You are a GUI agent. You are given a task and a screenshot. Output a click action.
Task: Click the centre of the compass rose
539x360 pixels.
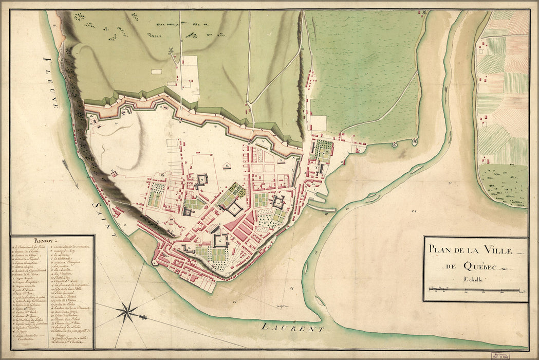127,311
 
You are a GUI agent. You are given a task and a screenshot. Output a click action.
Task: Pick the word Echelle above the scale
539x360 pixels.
475,279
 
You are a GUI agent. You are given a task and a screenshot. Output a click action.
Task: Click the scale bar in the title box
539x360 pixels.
474,290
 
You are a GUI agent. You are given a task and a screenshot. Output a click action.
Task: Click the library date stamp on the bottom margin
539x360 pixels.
507,355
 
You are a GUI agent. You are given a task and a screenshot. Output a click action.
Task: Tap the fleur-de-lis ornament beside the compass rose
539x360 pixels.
142,317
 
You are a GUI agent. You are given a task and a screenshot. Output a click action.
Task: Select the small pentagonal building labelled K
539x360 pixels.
227,166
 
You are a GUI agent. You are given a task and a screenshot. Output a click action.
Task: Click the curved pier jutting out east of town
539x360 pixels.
322,208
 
